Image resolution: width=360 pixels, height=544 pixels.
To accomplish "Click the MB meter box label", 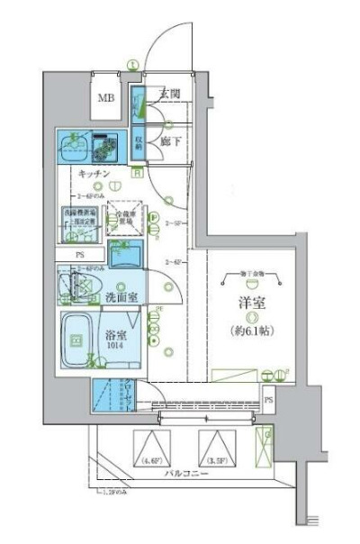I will coord(105,99).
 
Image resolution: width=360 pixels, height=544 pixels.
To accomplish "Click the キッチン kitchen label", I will coord(94,173).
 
